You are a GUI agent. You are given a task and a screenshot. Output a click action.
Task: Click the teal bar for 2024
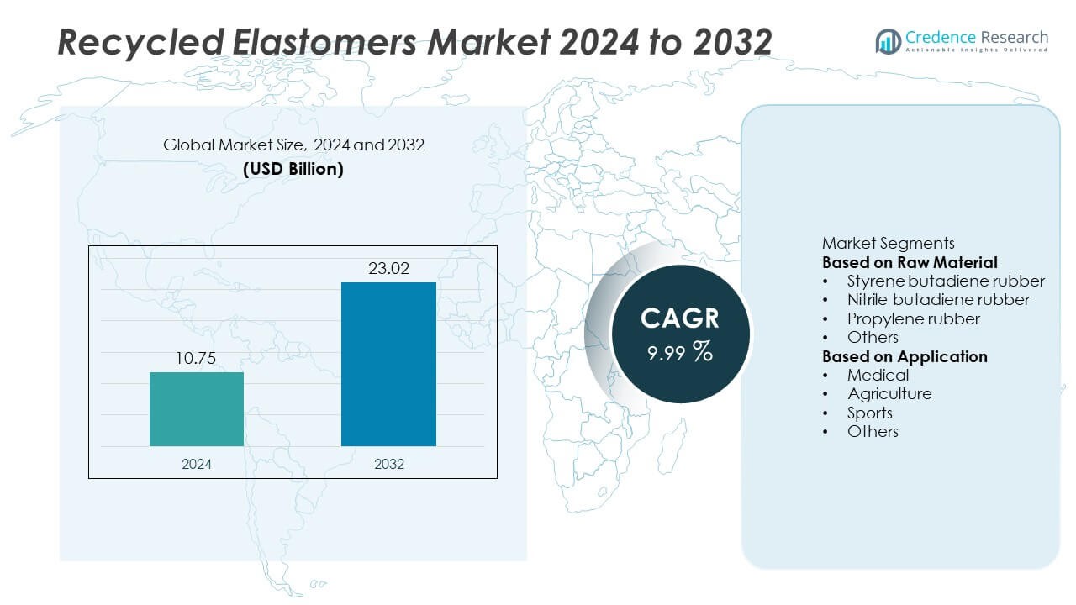click(197, 409)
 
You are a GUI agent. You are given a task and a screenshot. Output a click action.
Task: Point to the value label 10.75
click(197, 359)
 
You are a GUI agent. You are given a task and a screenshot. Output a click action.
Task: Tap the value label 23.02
click(388, 270)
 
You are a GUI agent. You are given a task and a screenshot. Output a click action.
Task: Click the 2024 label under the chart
click(197, 464)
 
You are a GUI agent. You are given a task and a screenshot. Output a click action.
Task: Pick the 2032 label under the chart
click(388, 464)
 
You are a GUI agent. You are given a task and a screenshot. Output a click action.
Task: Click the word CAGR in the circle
click(679, 318)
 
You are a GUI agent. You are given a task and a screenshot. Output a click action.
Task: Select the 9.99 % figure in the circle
click(679, 352)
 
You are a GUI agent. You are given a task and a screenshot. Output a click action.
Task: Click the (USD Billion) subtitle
click(293, 168)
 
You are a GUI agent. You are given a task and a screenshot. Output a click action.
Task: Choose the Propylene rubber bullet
click(914, 318)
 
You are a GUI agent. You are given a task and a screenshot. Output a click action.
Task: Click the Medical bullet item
click(878, 375)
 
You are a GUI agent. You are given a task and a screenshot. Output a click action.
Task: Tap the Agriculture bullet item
click(889, 393)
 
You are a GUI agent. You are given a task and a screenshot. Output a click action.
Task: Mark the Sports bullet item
click(870, 413)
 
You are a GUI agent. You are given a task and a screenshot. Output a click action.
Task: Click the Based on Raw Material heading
click(910, 262)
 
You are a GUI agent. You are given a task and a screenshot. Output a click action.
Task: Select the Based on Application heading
click(905, 356)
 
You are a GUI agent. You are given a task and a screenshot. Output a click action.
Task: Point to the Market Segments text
click(888, 244)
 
